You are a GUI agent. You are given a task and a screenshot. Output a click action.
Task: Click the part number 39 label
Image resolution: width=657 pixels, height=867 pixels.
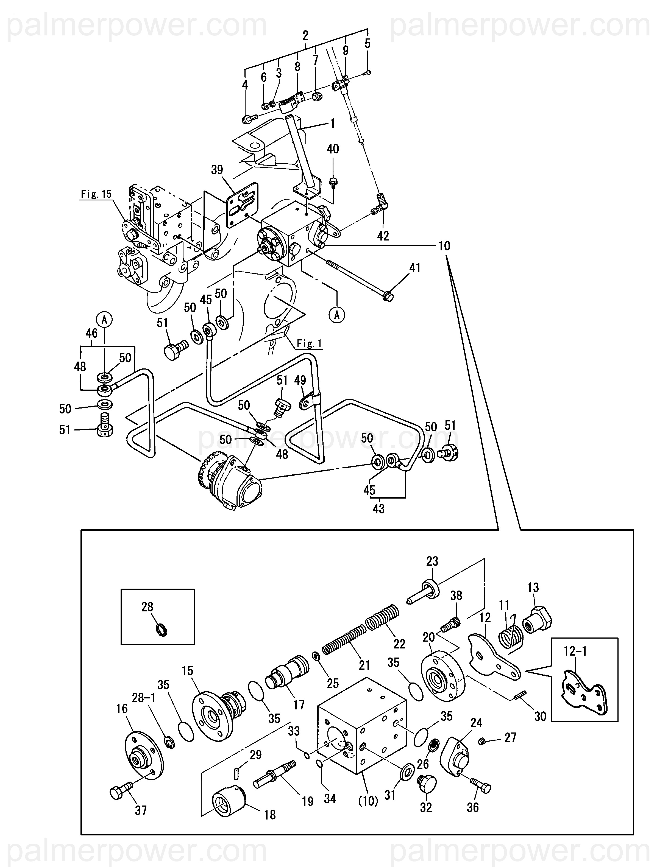coord(217,170)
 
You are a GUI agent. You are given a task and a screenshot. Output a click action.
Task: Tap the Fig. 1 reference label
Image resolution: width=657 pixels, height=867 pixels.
coord(309,344)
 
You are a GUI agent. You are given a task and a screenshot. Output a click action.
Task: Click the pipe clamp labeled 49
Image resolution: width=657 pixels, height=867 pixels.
coord(305,403)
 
